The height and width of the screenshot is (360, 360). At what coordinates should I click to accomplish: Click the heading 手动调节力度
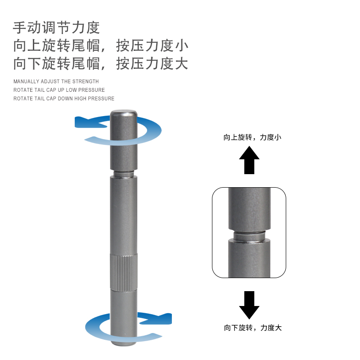click(56, 28)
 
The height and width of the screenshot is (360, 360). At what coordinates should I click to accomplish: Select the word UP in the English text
click(61, 90)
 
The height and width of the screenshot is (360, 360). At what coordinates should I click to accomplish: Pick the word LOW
click(71, 90)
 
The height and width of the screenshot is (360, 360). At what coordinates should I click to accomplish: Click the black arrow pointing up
click(249, 160)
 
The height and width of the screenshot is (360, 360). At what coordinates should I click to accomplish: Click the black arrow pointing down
click(249, 305)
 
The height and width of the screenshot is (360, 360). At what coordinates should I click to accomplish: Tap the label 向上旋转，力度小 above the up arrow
click(252, 137)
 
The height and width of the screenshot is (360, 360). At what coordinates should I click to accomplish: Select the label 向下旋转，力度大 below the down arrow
click(253, 328)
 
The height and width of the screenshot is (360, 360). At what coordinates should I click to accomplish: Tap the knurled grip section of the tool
click(124, 273)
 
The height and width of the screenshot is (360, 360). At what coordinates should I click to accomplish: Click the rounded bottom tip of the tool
click(124, 343)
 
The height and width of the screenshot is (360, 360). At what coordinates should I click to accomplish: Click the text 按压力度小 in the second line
click(152, 45)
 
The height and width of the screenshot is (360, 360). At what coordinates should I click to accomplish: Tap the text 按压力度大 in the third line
click(152, 63)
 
